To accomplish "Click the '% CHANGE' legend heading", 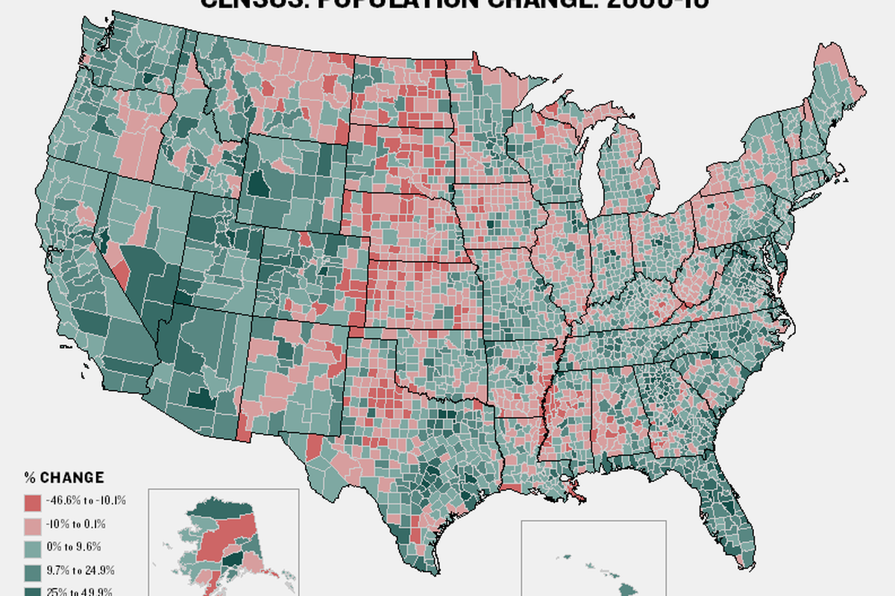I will point(64,478).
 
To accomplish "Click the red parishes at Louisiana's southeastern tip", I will point(578,492).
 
